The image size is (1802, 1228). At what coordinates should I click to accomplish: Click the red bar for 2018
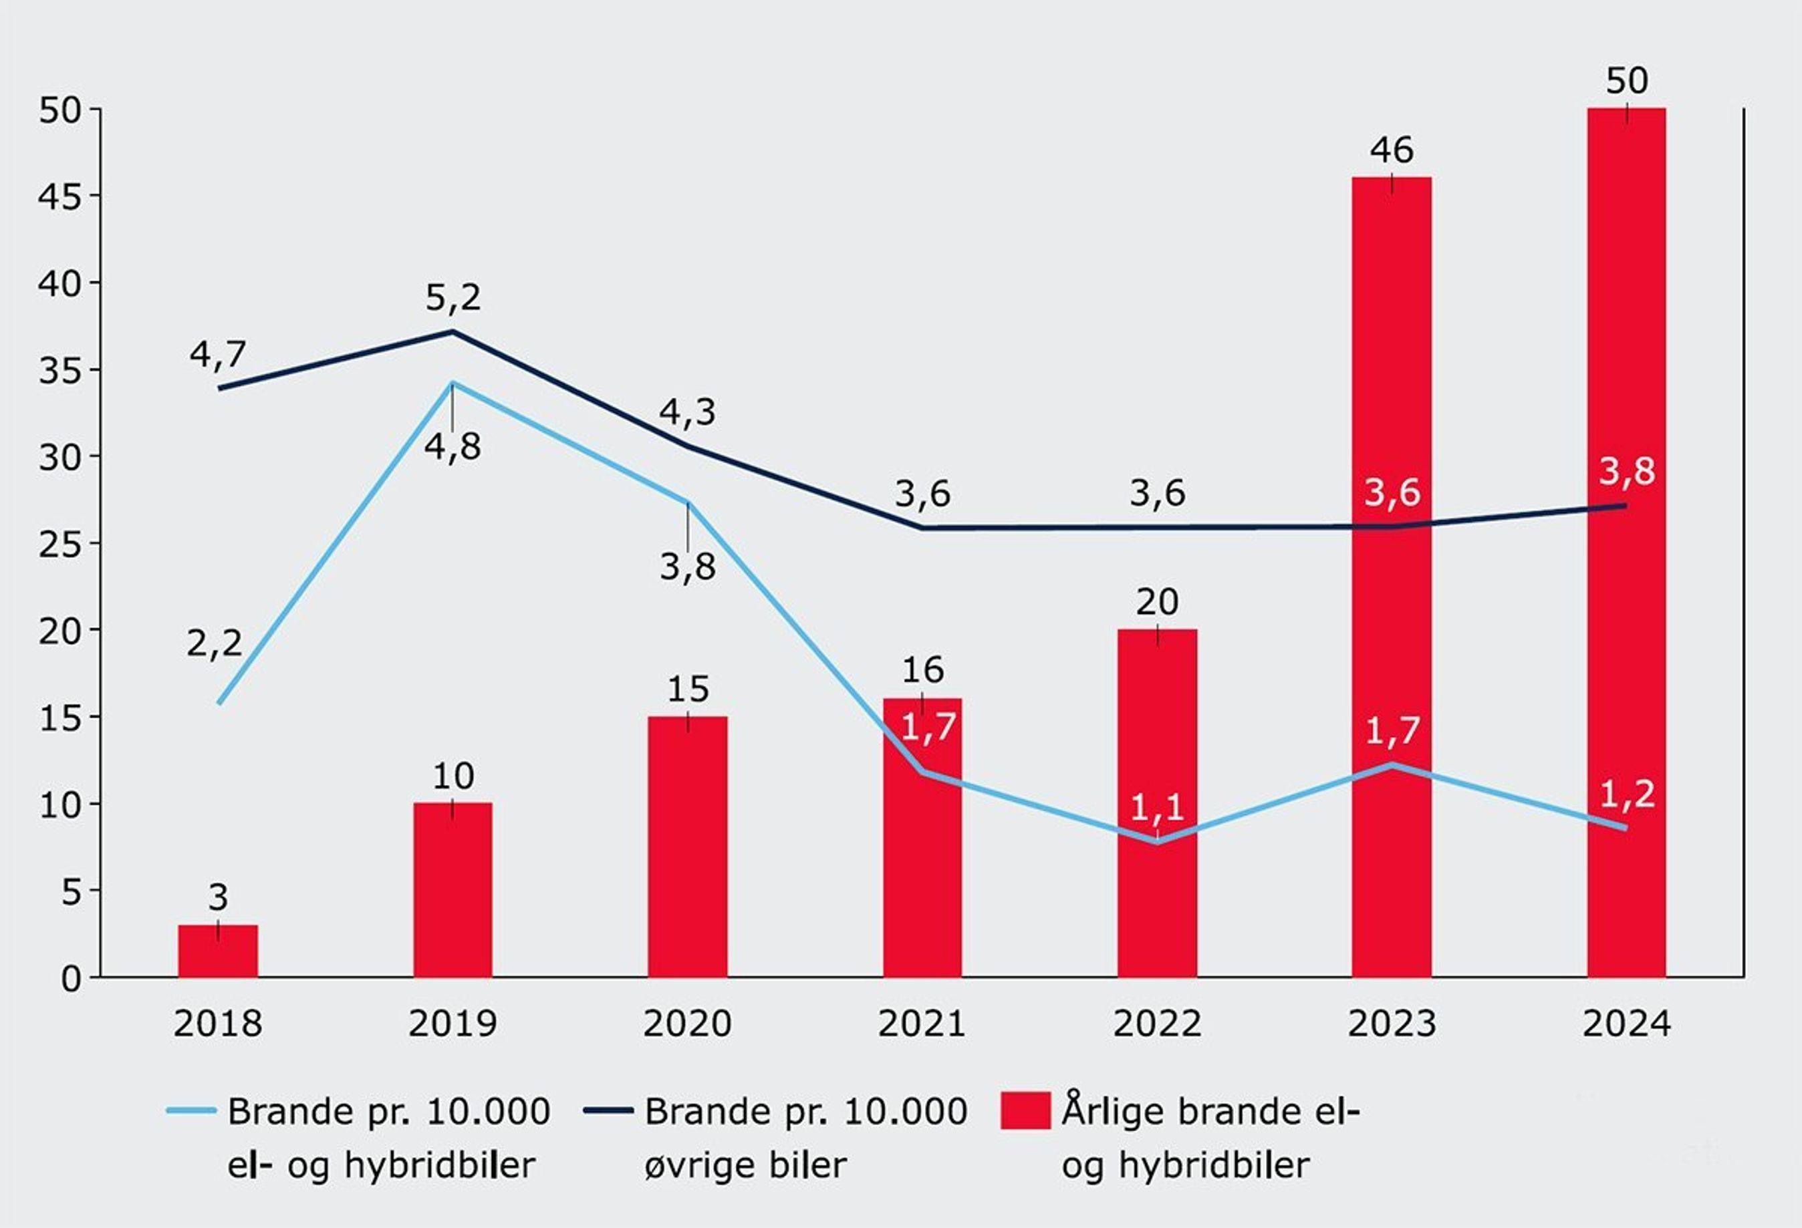218,951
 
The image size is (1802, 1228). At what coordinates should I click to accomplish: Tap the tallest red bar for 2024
1626,543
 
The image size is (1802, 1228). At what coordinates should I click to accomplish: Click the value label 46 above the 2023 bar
1392,150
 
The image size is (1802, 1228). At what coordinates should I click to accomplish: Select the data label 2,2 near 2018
214,644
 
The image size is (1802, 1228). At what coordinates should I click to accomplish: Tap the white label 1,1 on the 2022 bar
1157,808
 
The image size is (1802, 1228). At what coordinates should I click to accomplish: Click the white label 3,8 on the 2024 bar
1627,471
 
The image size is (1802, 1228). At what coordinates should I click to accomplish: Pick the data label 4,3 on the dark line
688,412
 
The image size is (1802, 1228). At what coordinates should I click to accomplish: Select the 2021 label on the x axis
922,1024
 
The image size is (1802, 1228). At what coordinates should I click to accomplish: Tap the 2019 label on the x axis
453,1024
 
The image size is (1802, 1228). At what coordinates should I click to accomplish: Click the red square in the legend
1025,1111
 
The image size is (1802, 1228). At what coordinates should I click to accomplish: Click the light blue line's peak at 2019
453,383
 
